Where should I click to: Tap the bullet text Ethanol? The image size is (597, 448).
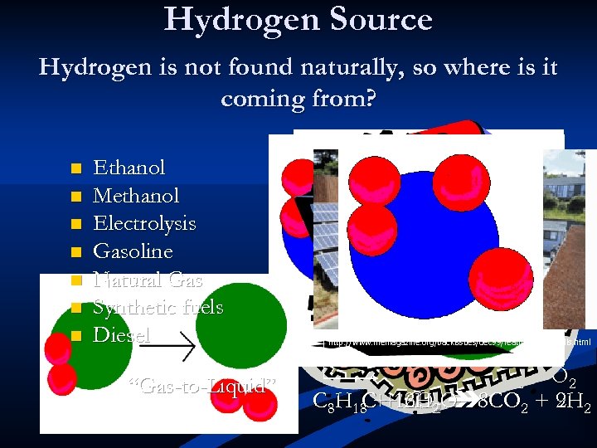click(129, 168)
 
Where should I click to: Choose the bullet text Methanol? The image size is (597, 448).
click(136, 196)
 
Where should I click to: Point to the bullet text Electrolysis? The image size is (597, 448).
click(144, 223)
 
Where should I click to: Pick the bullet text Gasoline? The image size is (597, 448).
click(133, 251)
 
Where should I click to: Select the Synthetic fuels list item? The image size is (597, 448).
click(158, 307)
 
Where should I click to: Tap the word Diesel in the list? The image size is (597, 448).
click(122, 335)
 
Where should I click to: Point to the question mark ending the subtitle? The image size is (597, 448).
click(370, 100)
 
